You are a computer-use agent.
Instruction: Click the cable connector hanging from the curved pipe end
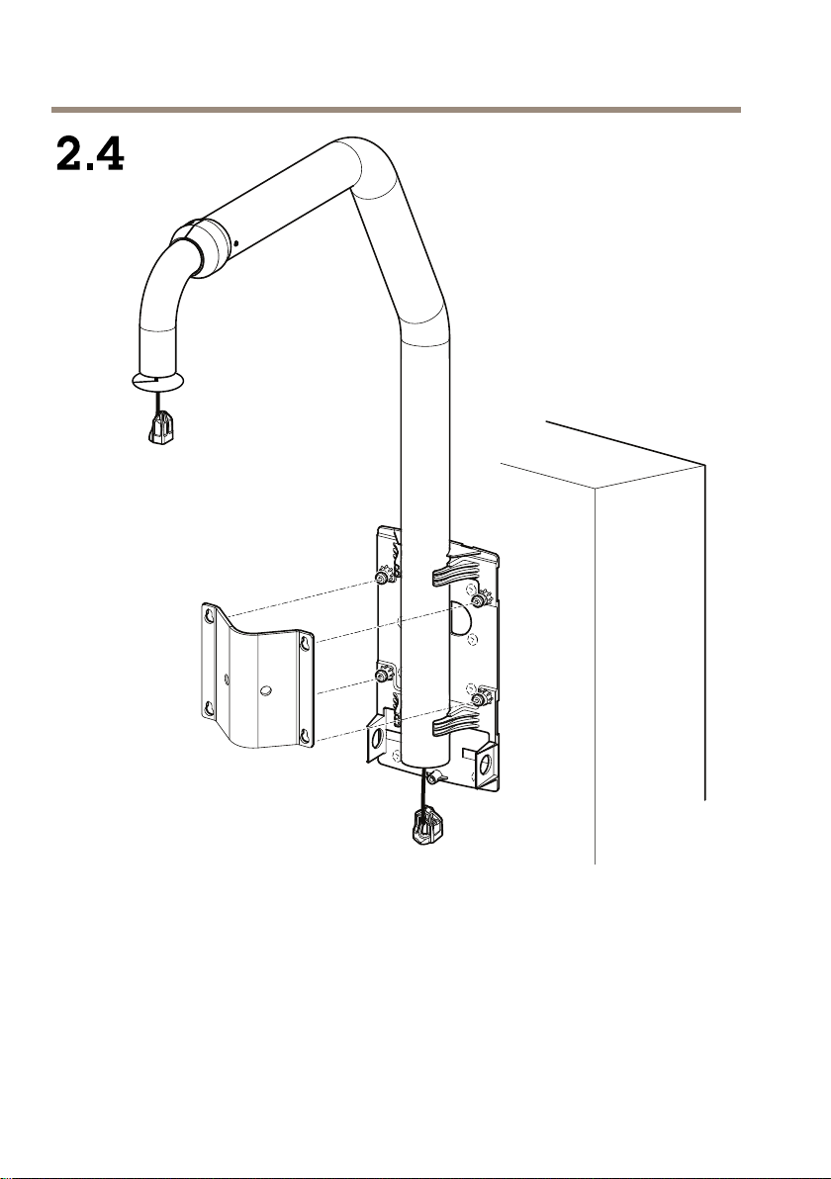(x=162, y=430)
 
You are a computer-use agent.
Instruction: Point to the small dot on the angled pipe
(x=235, y=243)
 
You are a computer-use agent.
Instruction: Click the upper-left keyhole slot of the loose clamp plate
(x=210, y=616)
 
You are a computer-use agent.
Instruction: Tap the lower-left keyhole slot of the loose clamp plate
(x=210, y=707)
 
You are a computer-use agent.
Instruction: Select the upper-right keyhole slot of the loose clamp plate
(x=305, y=643)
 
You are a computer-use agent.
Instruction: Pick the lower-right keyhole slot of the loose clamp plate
(x=305, y=735)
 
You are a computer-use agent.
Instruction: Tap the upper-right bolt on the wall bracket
(x=478, y=600)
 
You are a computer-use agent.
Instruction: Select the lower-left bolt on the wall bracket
(x=383, y=677)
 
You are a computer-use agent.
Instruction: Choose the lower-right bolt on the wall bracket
(x=478, y=698)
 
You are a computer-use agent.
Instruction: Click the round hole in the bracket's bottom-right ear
(x=483, y=767)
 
